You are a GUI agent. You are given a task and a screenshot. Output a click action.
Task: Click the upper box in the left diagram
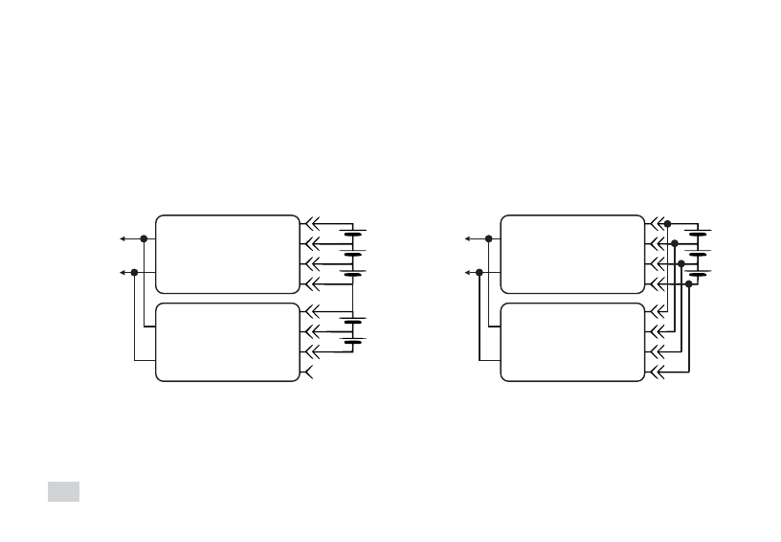[x=227, y=254]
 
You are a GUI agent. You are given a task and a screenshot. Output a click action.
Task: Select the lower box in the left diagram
[x=227, y=342]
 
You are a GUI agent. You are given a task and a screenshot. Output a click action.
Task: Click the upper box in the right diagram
[x=572, y=254]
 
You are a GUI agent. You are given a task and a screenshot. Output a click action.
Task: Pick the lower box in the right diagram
[x=572, y=342]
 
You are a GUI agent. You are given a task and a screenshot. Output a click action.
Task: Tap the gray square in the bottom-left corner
[x=64, y=491]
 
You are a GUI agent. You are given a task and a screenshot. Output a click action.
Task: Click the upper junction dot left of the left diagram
[x=144, y=238]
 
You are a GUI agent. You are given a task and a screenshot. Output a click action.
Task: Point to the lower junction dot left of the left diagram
[x=134, y=272]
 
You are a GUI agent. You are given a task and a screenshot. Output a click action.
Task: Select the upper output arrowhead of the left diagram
[x=121, y=238]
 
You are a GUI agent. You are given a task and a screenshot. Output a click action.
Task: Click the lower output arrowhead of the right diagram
[x=466, y=272]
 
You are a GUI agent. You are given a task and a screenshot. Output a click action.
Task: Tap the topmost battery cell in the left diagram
[x=352, y=234]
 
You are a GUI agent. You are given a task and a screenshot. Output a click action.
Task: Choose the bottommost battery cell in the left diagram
[x=352, y=342]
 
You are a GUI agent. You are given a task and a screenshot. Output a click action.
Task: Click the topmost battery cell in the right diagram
[x=698, y=234]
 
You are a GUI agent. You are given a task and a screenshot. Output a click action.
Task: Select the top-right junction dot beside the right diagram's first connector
[x=667, y=224]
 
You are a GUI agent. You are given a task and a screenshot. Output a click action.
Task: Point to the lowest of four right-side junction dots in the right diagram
[x=689, y=282]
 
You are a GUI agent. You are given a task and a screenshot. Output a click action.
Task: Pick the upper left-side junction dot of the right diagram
[x=489, y=238]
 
